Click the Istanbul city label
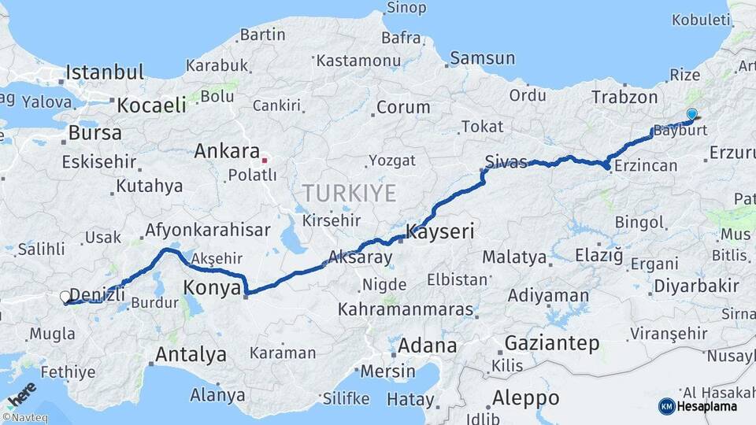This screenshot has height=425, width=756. [x=105, y=72]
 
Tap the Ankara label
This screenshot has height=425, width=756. [x=227, y=150]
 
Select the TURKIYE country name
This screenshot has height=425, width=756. [x=350, y=192]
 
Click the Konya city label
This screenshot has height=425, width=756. [x=212, y=288]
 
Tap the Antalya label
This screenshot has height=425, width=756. [x=191, y=354]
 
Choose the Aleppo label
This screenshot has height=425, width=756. [x=525, y=397]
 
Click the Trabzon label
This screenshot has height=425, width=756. [x=624, y=97]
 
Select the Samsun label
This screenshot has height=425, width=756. [x=482, y=57]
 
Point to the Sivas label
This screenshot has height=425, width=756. [x=506, y=161]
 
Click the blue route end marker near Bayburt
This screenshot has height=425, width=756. [x=691, y=115]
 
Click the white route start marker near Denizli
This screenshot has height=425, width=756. [x=65, y=297]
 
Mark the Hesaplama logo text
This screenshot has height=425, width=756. [x=708, y=406]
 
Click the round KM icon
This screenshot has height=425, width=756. [x=666, y=406]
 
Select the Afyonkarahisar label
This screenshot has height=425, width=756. [x=207, y=231]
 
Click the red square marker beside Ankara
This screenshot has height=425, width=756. [x=265, y=160]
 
